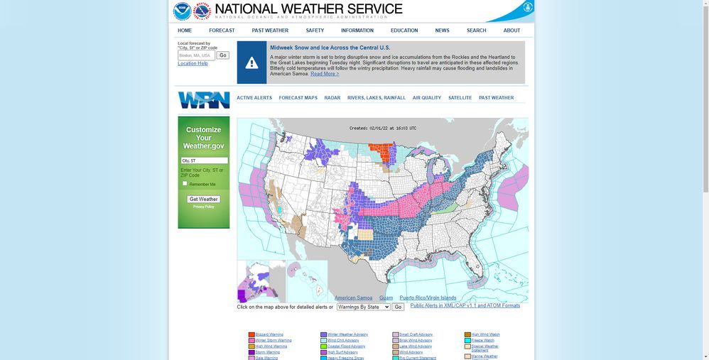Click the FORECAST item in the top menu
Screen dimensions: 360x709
[x=222, y=31]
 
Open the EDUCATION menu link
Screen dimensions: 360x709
[x=404, y=31]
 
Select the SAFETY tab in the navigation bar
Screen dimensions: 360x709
[x=315, y=31]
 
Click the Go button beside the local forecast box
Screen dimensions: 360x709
[x=223, y=55]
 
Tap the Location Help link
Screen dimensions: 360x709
[x=193, y=64]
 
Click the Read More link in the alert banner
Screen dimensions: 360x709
[x=325, y=74]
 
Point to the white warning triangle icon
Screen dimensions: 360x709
[x=251, y=63]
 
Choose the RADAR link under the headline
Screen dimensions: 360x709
[x=332, y=98]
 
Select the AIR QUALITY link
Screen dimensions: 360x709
[x=427, y=98]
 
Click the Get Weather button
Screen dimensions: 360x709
[x=203, y=200]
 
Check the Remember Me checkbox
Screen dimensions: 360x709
[x=185, y=184]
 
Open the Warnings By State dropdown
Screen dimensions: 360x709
[x=363, y=307]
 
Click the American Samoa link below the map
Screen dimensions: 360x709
[x=353, y=298]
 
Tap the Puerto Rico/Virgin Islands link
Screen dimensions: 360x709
[x=428, y=298]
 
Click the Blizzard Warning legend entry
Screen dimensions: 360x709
[x=269, y=334]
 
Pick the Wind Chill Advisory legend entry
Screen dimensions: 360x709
[x=343, y=341]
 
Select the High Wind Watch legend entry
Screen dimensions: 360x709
[x=485, y=334]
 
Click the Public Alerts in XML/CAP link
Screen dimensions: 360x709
[x=465, y=306]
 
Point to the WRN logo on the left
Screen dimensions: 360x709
[x=203, y=100]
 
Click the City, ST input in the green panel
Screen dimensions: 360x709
[x=204, y=161]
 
